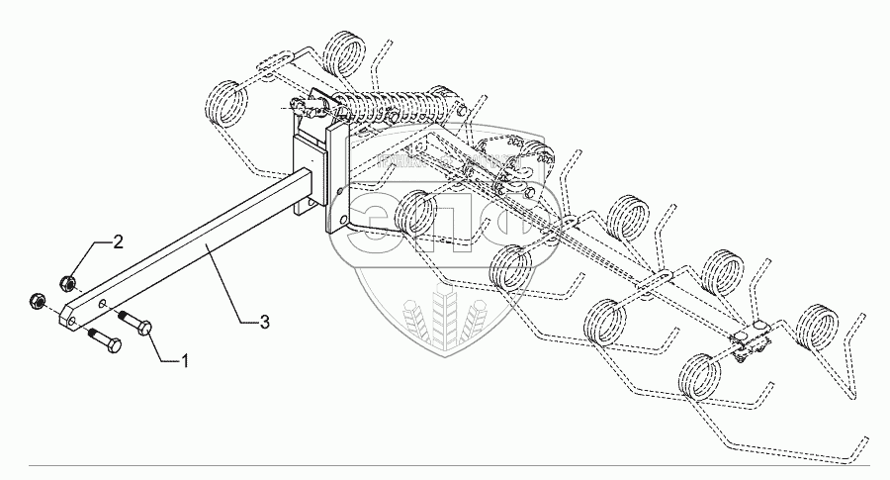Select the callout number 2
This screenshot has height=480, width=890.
point(118,242)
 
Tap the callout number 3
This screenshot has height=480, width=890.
point(264,321)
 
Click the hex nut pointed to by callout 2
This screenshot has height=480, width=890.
point(66,283)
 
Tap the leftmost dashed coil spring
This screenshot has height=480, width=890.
point(225,103)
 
